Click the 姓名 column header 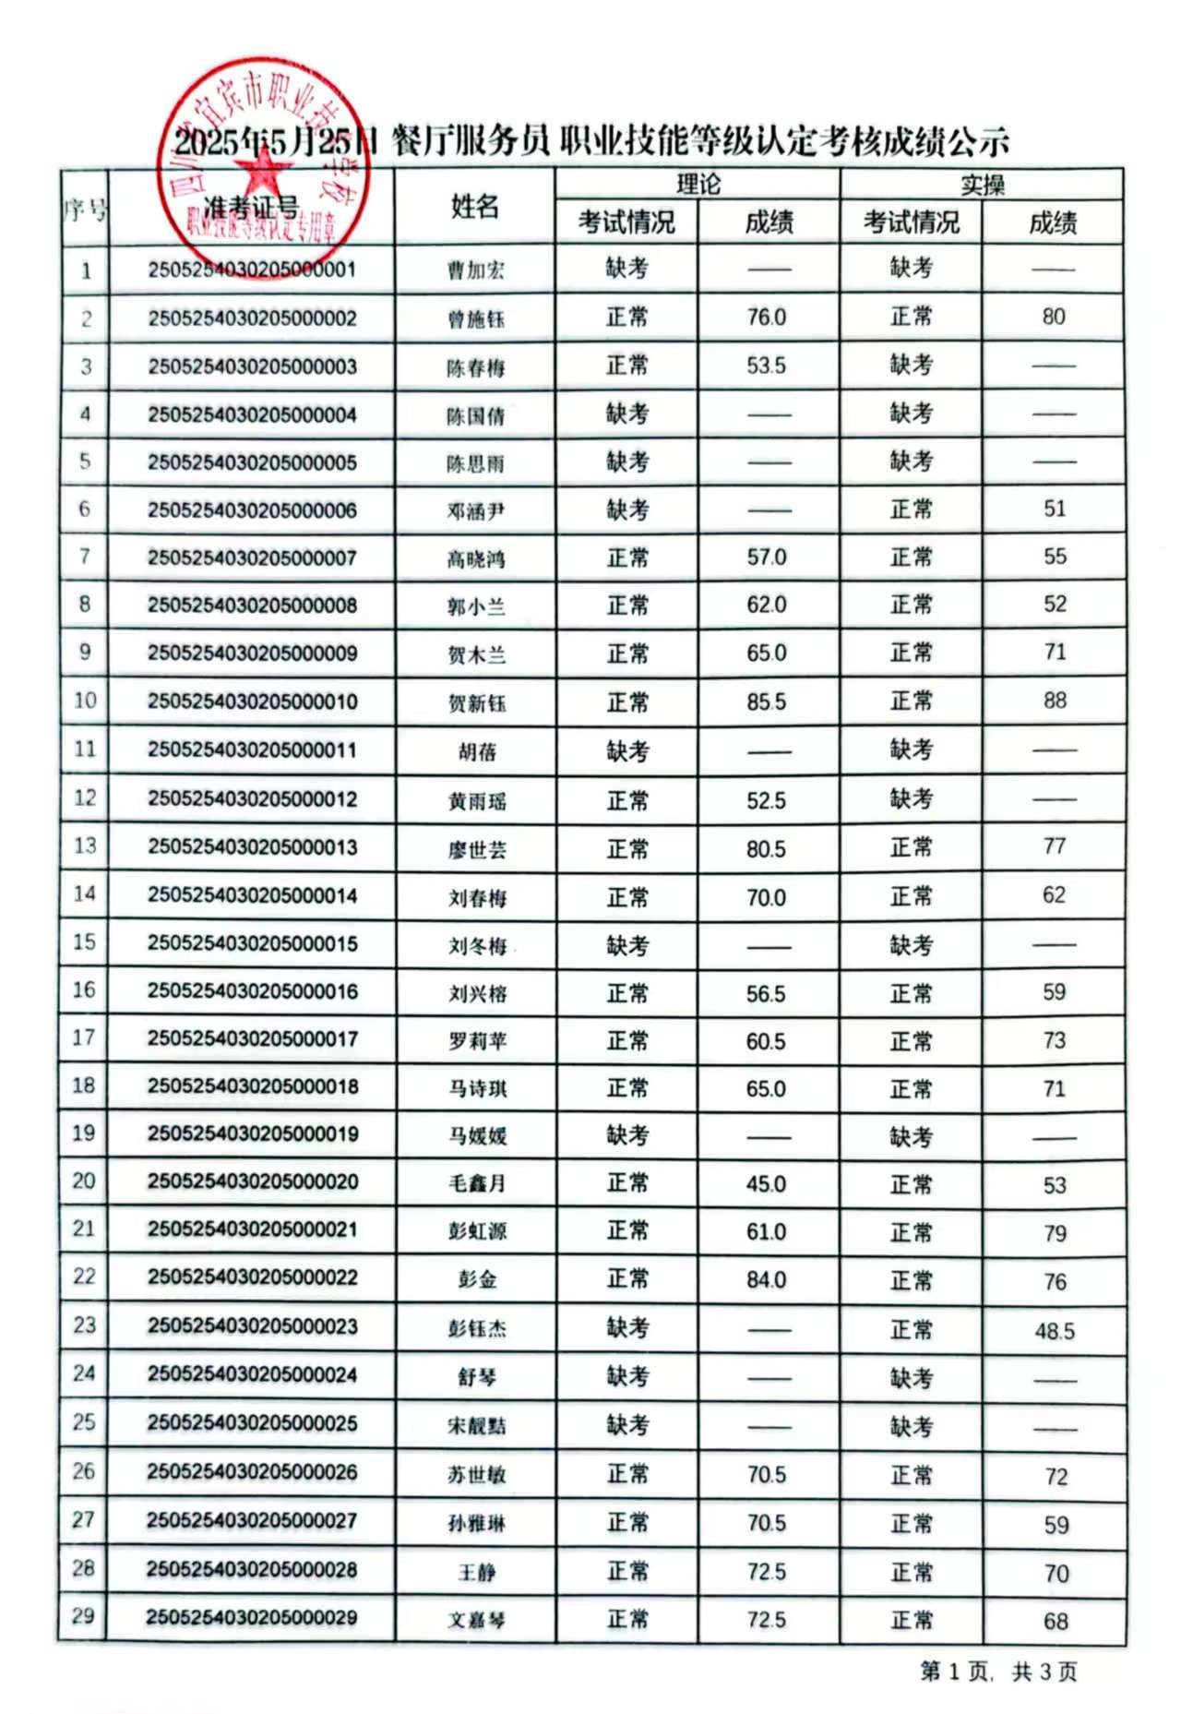[x=474, y=207]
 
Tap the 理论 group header [x=698, y=184]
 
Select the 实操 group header [x=982, y=185]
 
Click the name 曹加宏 [x=475, y=270]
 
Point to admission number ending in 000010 [x=252, y=701]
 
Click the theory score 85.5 [x=766, y=702]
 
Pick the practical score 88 [x=1055, y=701]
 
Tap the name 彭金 [x=477, y=1279]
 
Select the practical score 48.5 [x=1055, y=1331]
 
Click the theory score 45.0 [x=766, y=1184]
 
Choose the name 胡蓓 [x=477, y=752]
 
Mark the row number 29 [x=83, y=1616]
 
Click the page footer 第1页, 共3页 [x=998, y=1672]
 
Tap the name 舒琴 [x=477, y=1377]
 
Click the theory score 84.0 [x=766, y=1280]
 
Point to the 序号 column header [x=85, y=210]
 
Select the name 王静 [x=477, y=1572]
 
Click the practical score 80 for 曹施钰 [x=1054, y=318]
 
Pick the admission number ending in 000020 [x=252, y=1182]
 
